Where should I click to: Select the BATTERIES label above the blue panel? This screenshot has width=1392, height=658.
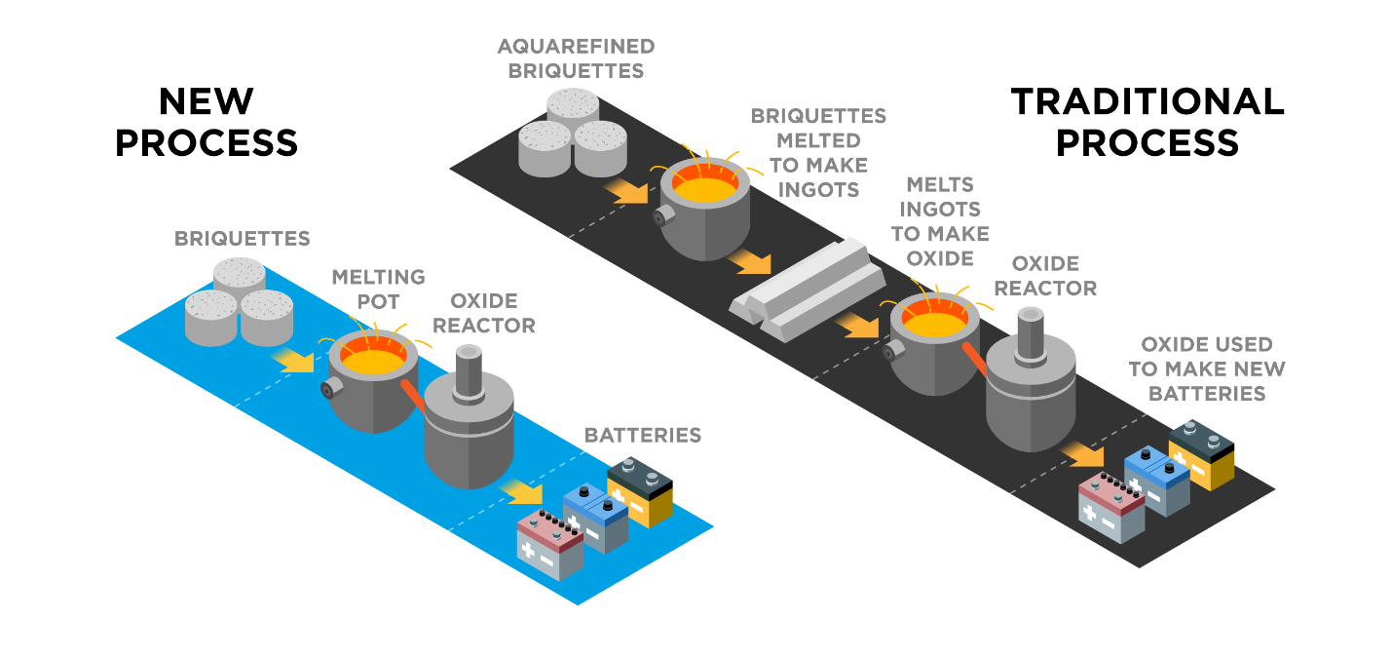click(642, 435)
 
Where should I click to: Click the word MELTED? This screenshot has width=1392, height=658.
click(818, 140)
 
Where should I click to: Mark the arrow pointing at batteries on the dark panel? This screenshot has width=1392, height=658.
click(1082, 454)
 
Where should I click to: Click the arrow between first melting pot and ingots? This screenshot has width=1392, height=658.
click(749, 262)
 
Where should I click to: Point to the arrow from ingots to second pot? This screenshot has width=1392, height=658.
click(856, 326)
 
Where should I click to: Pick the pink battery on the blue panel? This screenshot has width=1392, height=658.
click(549, 547)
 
